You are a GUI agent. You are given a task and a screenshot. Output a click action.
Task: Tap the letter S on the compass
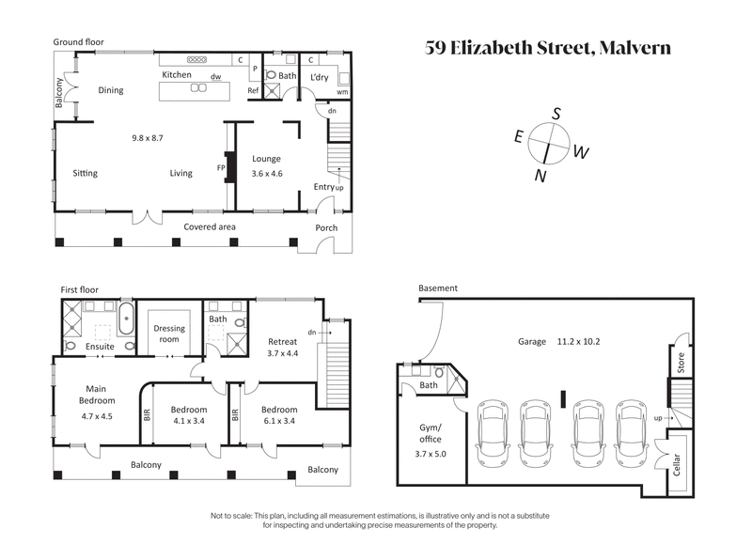pos(556,114)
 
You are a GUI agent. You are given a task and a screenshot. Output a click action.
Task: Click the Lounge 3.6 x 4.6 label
pos(266,167)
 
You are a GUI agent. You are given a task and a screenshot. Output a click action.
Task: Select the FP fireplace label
pos(222,168)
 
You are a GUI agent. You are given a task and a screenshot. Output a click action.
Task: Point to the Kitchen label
pos(177,75)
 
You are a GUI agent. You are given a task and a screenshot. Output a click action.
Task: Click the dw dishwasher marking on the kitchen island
pos(215,77)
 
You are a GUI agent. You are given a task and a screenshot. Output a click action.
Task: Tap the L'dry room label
pos(322,74)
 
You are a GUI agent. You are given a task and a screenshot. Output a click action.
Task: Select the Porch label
pos(325,226)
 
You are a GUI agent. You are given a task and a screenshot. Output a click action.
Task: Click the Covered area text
pos(209,226)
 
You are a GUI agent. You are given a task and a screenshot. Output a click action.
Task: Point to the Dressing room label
pos(170,334)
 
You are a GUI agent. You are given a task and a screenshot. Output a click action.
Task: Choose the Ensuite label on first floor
pos(100,347)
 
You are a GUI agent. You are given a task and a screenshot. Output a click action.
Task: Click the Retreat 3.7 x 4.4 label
pos(282,348)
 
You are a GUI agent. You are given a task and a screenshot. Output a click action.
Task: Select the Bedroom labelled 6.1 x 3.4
pos(279,415)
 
